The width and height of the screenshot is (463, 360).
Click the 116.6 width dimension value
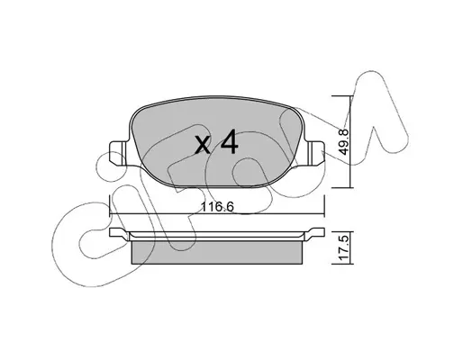(217, 207)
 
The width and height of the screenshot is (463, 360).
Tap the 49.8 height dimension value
(343, 142)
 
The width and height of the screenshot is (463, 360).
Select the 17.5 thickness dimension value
(343, 247)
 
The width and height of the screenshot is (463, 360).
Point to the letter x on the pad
(203, 145)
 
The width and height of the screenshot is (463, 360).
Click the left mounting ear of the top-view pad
(119, 153)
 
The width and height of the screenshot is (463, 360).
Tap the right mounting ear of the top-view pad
(315, 153)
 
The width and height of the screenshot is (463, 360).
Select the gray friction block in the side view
(217, 253)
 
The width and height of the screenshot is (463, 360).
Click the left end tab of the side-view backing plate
(119, 233)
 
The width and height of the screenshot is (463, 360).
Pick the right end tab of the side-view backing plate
(315, 233)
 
